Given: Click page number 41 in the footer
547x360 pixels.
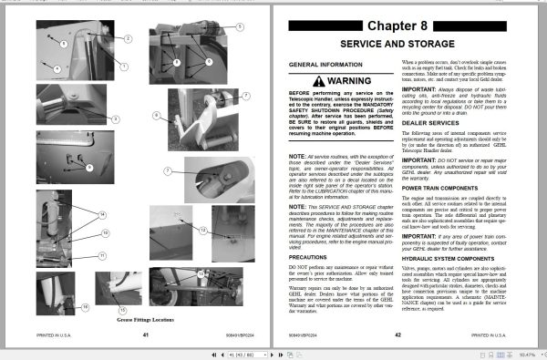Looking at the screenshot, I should tap(145, 334).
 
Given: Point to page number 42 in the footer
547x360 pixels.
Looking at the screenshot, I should tap(398, 334).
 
